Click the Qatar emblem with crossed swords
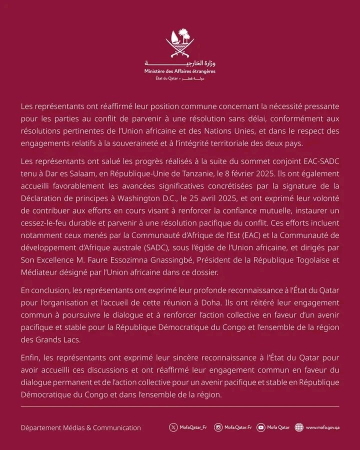[x=179, y=44]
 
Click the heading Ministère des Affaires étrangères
[x=179, y=72]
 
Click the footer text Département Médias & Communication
[x=80, y=427]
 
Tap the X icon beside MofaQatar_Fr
[x=173, y=427]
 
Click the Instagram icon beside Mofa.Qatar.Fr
[x=218, y=427]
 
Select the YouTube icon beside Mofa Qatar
[x=260, y=427]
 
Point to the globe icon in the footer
[x=299, y=427]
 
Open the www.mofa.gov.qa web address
[x=322, y=427]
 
